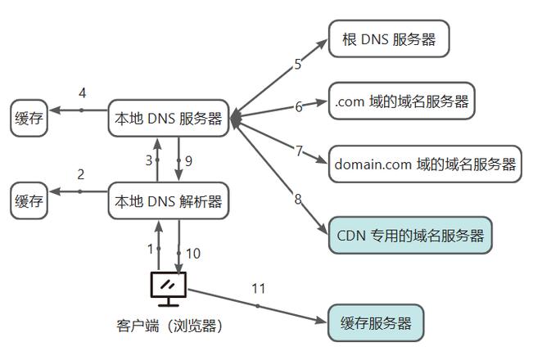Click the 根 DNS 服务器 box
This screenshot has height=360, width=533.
pos(389,38)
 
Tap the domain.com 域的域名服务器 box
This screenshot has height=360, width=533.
pos(425,164)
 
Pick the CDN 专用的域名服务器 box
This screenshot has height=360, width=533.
pos(410,236)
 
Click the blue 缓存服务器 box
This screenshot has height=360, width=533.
pos(376,322)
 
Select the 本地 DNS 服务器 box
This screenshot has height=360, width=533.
pos(168,119)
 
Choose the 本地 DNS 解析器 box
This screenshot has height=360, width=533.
pos(168,201)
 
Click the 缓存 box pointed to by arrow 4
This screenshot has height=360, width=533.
pos(29,119)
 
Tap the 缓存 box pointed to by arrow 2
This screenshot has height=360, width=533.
pos(29,201)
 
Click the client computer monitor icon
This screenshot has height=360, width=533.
pos(169,286)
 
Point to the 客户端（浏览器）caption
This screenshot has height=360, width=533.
pos(169,325)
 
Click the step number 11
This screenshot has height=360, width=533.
pos(259,288)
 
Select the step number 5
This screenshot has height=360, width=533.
pos(298,65)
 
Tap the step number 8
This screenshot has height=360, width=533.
pos(298,199)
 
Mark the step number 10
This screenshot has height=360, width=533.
pos(193,254)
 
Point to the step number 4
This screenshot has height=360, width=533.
pos(82,92)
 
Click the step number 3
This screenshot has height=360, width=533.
pos(148,161)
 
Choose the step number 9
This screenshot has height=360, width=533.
pos(188,161)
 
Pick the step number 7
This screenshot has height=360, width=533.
pos(299,151)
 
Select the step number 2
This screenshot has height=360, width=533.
pos(80,174)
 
